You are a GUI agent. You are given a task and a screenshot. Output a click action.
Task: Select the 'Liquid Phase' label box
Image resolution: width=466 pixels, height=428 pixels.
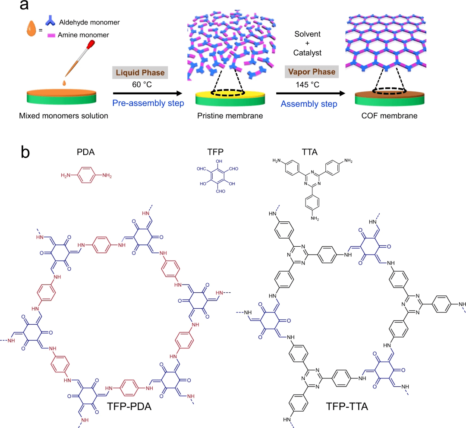138,73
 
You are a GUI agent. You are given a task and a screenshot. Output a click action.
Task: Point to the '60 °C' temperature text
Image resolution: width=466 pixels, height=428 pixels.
138,85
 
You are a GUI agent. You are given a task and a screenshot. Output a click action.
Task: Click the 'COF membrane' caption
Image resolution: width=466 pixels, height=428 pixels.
380,116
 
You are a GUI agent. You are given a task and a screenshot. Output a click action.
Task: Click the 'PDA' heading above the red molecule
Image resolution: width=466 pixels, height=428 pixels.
87,152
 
